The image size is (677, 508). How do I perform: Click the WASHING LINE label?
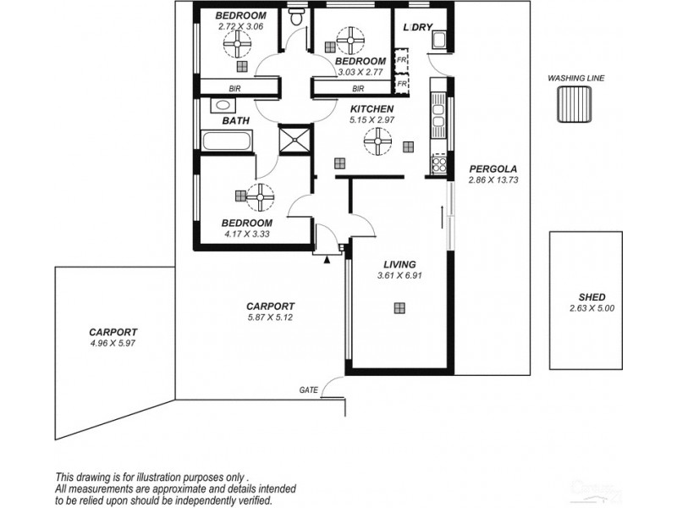pyautogui.click(x=575, y=78)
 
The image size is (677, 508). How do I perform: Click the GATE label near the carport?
pyautogui.click(x=308, y=389)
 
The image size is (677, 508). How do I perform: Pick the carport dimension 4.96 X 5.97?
pyautogui.click(x=113, y=344)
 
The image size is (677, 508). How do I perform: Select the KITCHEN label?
pyautogui.click(x=372, y=109)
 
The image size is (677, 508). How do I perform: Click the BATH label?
pyautogui.click(x=235, y=121)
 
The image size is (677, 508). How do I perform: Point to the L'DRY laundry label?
pyautogui.click(x=417, y=27)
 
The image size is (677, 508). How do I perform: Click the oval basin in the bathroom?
pyautogui.click(x=222, y=105)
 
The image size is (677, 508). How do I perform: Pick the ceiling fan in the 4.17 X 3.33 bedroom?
pyautogui.click(x=261, y=196)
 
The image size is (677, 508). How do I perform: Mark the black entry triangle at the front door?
pyautogui.click(x=326, y=261)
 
